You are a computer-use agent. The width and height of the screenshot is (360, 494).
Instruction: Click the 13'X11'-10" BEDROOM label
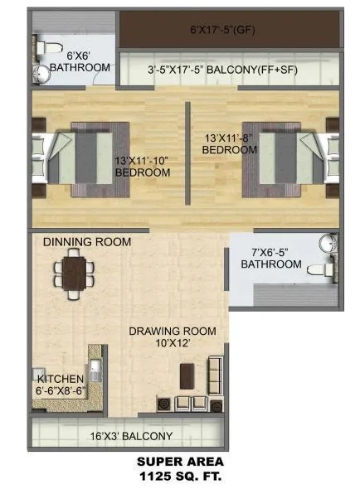pos(143,167)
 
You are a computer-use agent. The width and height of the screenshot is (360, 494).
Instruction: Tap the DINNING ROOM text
pos(87,242)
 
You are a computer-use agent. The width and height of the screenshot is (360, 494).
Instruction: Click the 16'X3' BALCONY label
pos(130,436)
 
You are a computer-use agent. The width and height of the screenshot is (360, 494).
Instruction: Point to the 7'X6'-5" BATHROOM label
pos(270,258)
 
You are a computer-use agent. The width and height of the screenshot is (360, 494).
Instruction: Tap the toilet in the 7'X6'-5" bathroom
pos(320,270)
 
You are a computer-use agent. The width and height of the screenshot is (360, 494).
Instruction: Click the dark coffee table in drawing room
pos(186,374)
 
